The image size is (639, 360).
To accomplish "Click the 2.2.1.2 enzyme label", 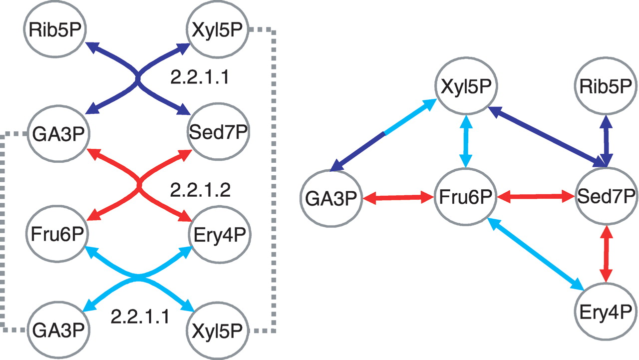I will pos(200,190).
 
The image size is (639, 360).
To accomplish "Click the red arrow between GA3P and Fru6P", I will pos(399,198).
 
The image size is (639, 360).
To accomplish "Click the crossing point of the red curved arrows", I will pos(139,186).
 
